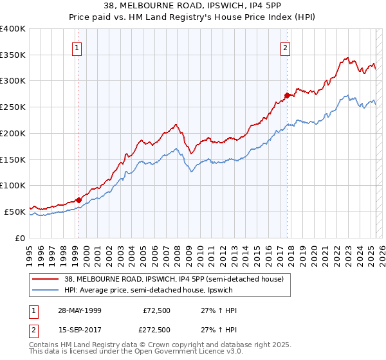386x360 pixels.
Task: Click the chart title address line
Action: pyautogui.click(x=192, y=6)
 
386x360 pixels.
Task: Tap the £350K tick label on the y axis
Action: pyautogui.click(x=13, y=55)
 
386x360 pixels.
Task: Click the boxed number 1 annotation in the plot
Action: pyautogui.click(x=77, y=47)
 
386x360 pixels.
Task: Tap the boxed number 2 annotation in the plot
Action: pyautogui.click(x=285, y=47)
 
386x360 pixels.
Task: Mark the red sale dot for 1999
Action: pyautogui.click(x=79, y=200)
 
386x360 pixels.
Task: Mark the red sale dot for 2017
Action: pyautogui.click(x=287, y=95)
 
